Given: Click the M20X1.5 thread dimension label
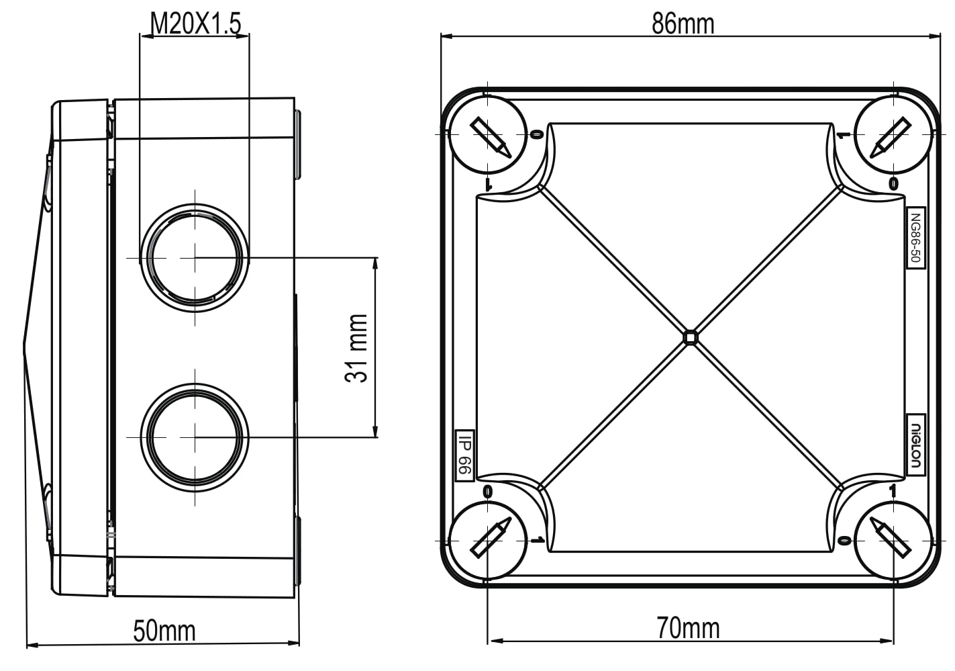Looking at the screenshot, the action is [196, 24].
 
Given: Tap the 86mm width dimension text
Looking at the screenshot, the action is [683, 24].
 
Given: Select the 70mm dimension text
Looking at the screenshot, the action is [688, 628].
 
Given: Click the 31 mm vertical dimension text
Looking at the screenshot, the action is [356, 348].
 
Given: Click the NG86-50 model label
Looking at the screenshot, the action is [915, 238].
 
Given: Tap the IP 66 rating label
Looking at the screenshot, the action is [464, 455].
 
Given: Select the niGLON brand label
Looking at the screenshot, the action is [915, 445].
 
